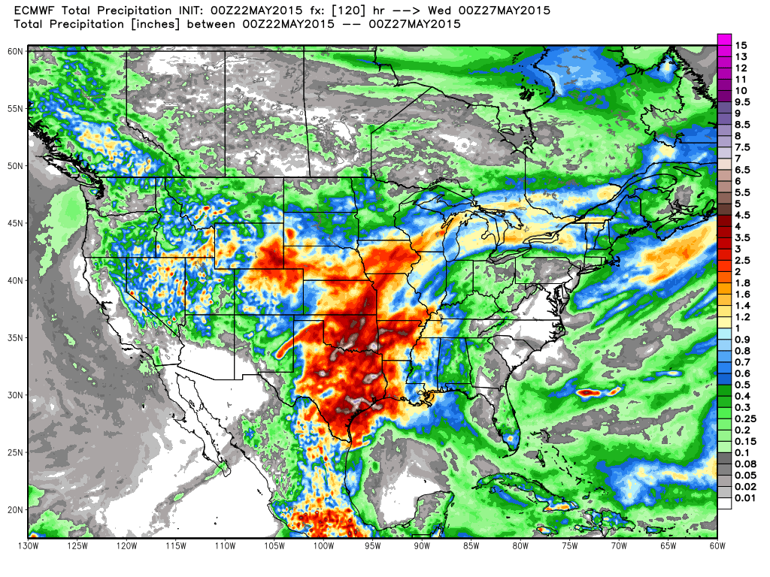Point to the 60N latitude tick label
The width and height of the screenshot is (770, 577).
(16, 50)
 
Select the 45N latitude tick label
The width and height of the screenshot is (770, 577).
(16, 222)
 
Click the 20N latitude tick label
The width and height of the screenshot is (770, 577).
(16, 509)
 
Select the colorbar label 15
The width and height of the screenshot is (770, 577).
(741, 46)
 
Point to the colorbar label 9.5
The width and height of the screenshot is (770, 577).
(742, 101)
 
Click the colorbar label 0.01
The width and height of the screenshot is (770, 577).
(744, 497)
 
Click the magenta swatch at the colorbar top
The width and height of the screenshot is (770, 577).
(725, 40)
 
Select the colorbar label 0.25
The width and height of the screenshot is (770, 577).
(744, 418)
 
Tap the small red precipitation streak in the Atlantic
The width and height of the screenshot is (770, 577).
(599, 391)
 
